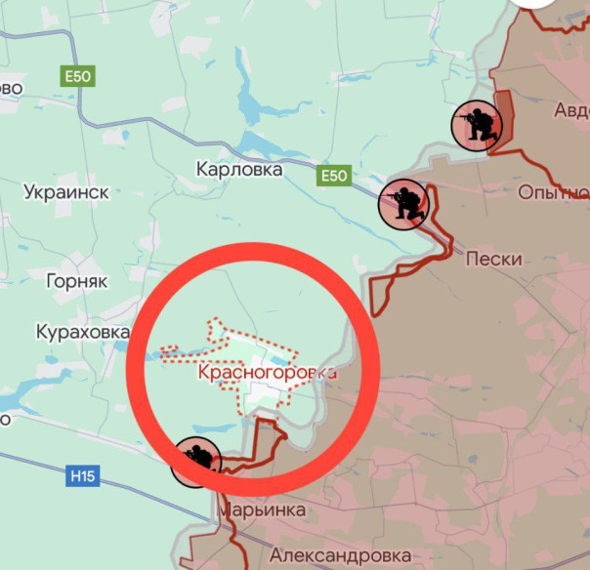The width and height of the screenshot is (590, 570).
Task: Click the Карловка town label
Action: pyautogui.click(x=239, y=170)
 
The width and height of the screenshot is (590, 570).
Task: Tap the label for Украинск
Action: pyautogui.click(x=66, y=191)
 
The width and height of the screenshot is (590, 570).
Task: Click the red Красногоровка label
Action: pyautogui.click(x=267, y=372)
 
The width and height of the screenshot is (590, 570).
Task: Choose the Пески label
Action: pyautogui.click(x=494, y=260)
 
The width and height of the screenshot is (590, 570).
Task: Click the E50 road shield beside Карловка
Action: pyautogui.click(x=334, y=176)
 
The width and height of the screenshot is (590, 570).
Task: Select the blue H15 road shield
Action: pyautogui.click(x=83, y=477)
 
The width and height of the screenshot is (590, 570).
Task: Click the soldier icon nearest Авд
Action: pyautogui.click(x=476, y=125)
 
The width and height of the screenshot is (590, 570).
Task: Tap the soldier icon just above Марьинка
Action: pyautogui.click(x=195, y=461)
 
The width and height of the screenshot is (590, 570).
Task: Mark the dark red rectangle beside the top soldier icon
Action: pyautogui.click(x=505, y=117)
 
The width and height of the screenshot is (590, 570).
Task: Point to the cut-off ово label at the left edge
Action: pyautogui.click(x=11, y=88)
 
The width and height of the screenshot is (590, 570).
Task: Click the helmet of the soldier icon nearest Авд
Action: pyautogui.click(x=481, y=112)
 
